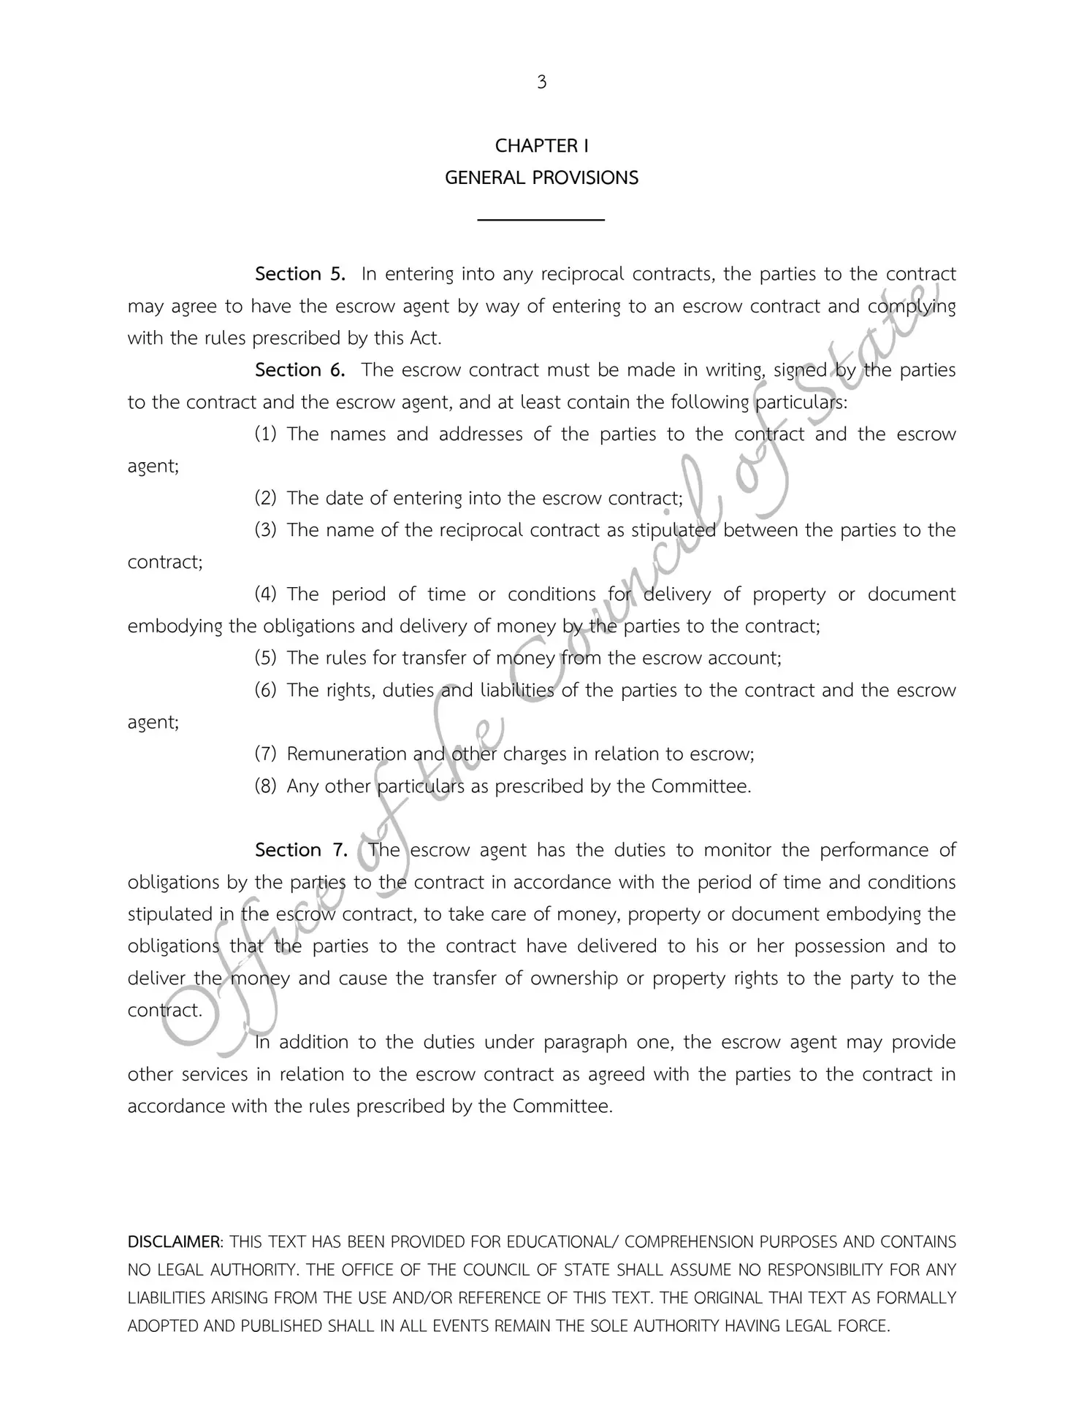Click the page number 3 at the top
click(541, 83)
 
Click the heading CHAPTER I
click(541, 146)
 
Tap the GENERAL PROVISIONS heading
click(541, 178)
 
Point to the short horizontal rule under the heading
click(541, 219)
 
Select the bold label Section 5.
click(299, 275)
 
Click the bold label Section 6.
click(299, 370)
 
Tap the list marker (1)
click(265, 434)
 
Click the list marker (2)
click(265, 499)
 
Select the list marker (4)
click(265, 594)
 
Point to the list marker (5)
click(265, 659)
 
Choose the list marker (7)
click(265, 754)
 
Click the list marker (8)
click(265, 786)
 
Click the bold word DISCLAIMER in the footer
click(175, 1242)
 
